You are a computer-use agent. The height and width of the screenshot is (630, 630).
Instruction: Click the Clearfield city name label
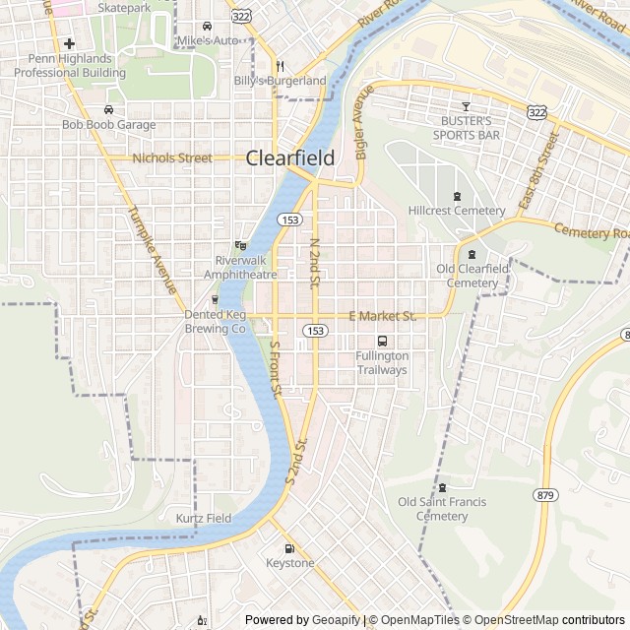click(289, 157)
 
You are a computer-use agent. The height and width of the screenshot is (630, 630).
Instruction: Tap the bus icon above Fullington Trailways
click(382, 341)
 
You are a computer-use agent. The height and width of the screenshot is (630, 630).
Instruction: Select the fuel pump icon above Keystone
click(289, 548)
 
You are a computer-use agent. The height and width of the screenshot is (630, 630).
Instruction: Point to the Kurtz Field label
click(204, 518)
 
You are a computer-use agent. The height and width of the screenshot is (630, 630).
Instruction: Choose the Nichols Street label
click(172, 157)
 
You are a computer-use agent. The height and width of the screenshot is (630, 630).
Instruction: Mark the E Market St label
click(383, 316)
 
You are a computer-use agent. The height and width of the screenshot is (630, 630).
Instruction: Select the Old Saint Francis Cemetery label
click(442, 509)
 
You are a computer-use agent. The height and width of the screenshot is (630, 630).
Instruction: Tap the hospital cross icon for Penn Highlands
click(69, 43)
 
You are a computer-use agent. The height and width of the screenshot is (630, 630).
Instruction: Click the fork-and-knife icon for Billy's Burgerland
click(280, 66)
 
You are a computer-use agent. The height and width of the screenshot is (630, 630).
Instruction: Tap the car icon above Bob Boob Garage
click(109, 110)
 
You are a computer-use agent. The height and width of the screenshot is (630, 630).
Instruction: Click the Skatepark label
click(125, 7)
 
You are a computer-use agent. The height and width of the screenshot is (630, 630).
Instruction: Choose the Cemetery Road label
click(591, 232)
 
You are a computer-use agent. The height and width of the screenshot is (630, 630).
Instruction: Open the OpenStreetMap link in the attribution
click(514, 620)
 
